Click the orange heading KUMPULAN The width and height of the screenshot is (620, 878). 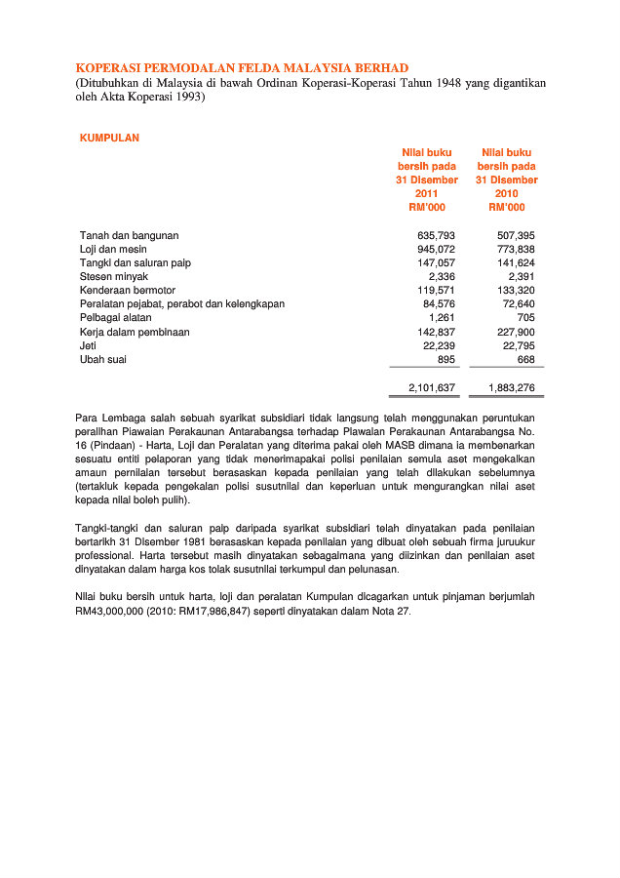click(109, 138)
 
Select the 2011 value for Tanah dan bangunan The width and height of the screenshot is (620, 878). click(436, 235)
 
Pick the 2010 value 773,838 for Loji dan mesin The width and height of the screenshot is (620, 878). click(516, 249)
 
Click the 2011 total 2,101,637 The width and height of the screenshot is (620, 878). click(431, 388)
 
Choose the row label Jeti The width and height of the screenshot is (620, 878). click(88, 345)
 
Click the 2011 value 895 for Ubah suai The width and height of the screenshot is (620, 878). click(445, 359)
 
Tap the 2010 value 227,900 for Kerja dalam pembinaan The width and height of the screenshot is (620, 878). click(516, 332)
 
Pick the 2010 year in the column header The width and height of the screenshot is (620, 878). click(507, 193)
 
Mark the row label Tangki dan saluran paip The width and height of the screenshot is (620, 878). click(136, 262)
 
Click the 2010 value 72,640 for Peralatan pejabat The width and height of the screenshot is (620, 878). click(519, 304)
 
